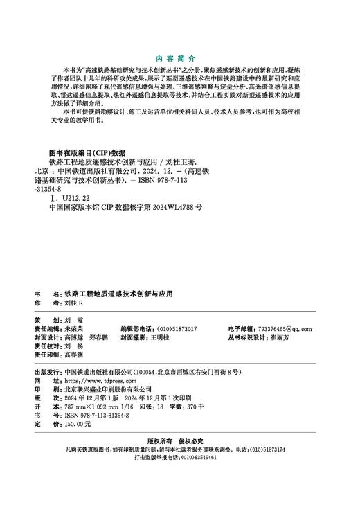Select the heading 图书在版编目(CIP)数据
coord(87,152)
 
